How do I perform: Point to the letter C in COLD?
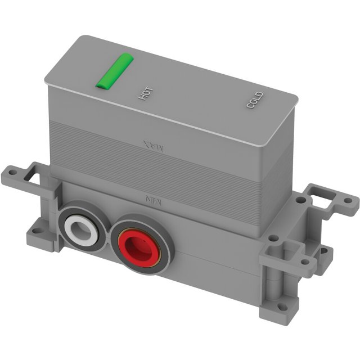pyautogui.click(x=250, y=105)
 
